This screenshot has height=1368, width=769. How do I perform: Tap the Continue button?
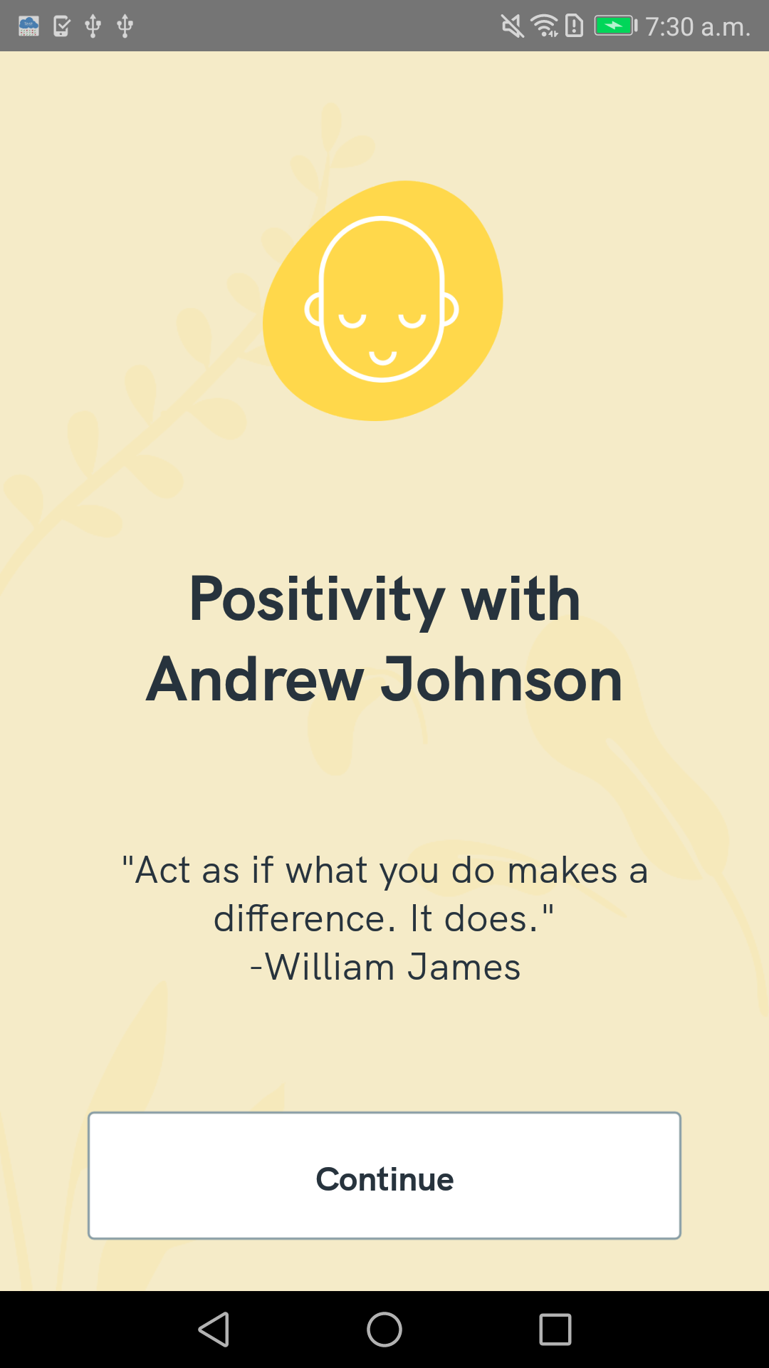[x=384, y=1176]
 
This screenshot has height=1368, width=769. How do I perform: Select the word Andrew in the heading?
[x=255, y=680]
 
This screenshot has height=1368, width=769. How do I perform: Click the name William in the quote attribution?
[x=330, y=968]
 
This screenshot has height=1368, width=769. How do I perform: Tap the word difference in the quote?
[x=305, y=918]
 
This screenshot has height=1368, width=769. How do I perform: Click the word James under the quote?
[x=464, y=968]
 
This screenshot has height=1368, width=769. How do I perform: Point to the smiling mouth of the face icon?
[x=382, y=356]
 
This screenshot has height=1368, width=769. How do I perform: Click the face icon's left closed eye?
[x=352, y=321]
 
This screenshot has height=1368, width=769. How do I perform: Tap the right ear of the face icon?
[x=450, y=309]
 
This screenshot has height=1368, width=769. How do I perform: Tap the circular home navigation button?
[x=384, y=1330]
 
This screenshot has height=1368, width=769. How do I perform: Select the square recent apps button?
[x=555, y=1330]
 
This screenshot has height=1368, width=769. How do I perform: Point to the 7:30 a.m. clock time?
[x=698, y=27]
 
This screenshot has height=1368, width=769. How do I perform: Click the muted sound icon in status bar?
[x=512, y=26]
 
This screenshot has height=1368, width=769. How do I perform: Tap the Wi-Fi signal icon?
[x=545, y=26]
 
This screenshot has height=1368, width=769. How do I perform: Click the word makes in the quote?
[x=563, y=871]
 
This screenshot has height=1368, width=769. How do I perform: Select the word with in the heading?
[x=521, y=600]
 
